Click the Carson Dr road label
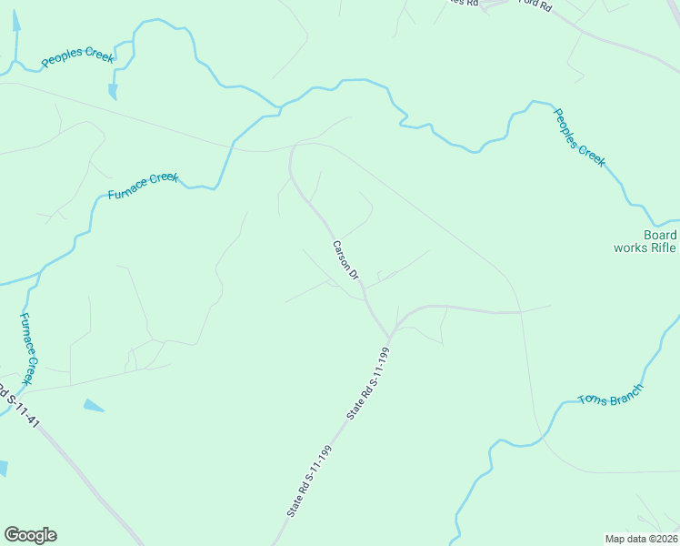(x=346, y=259)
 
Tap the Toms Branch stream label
(x=611, y=395)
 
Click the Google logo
(x=30, y=535)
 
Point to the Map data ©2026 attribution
(x=641, y=538)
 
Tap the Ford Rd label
(x=535, y=5)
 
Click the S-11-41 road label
(x=20, y=409)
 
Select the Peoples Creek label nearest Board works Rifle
(x=579, y=136)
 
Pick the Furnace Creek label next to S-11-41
(x=31, y=348)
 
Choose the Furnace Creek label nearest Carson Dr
(x=143, y=186)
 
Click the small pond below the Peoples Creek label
(x=112, y=91)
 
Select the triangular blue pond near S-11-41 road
(x=93, y=405)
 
